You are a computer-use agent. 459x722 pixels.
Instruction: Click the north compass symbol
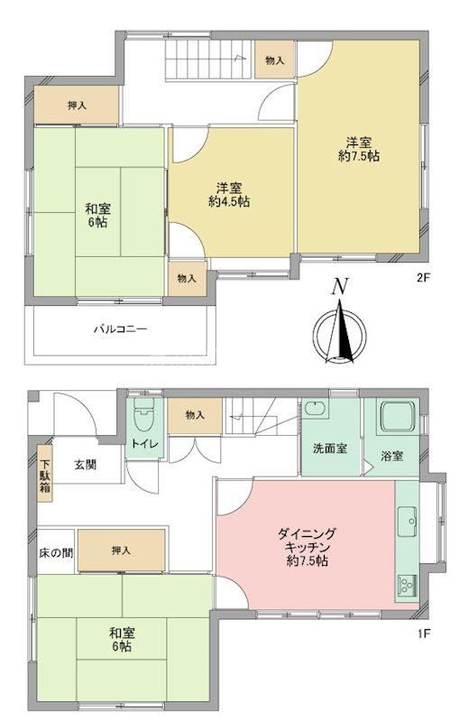tap(339, 330)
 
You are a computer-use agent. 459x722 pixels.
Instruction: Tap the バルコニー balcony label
tap(121, 329)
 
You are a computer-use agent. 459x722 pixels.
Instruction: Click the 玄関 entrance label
tap(86, 464)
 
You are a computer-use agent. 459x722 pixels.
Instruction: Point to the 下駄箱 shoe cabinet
tap(44, 474)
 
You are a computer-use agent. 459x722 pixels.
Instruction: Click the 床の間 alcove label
tap(56, 552)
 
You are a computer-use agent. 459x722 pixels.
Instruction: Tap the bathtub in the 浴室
tap(398, 416)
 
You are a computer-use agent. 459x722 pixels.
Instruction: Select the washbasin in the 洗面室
tap(316, 409)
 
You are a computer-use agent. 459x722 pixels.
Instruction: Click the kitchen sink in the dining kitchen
tap(408, 522)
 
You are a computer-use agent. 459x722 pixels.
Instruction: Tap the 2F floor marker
tap(423, 278)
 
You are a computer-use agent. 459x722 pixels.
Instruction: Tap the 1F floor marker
tap(423, 634)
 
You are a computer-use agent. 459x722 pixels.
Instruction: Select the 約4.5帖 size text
tap(229, 201)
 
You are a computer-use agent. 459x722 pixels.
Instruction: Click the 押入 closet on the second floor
tap(77, 105)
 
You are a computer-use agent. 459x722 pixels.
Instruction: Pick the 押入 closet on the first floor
tap(122, 551)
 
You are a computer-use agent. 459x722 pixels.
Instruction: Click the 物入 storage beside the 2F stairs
tap(275, 60)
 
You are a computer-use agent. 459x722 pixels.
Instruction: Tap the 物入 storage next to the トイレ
tap(195, 415)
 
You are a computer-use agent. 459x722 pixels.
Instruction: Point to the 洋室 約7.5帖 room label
tap(359, 149)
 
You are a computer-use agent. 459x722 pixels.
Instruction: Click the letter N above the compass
tap(339, 286)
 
